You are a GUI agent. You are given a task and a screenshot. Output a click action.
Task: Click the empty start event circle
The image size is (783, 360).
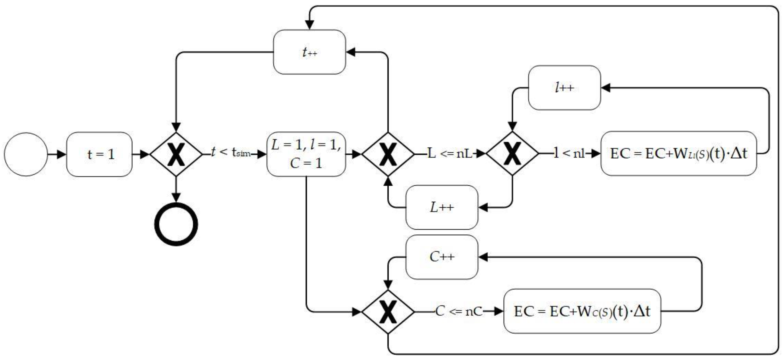(x=26, y=154)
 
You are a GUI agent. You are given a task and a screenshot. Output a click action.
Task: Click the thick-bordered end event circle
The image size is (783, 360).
(x=176, y=224)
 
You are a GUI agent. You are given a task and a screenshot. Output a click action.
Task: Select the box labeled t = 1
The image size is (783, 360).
(x=99, y=154)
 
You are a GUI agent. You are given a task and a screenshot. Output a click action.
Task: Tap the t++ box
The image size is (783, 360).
(x=309, y=52)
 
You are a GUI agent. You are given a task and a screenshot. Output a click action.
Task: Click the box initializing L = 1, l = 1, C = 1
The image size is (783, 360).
(x=306, y=154)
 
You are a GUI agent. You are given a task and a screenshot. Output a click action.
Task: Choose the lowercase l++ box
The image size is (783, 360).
(x=564, y=88)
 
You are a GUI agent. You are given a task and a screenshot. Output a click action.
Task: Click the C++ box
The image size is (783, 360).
(x=442, y=257)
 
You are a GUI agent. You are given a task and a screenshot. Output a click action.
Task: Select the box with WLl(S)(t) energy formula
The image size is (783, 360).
(x=679, y=154)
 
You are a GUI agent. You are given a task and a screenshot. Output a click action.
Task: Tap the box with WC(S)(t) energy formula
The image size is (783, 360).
(x=582, y=311)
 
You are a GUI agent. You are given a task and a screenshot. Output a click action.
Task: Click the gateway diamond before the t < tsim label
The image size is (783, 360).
(x=176, y=154)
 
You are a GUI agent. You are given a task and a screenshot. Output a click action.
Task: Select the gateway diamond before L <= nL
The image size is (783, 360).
(x=388, y=154)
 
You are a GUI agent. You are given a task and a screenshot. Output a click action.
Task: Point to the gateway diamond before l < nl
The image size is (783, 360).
(x=512, y=154)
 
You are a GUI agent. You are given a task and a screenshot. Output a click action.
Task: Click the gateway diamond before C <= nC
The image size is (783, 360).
(x=388, y=312)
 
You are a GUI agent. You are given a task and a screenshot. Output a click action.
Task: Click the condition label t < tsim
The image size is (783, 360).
(x=231, y=152)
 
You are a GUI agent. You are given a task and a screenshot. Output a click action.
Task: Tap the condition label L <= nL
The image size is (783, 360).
(x=450, y=154)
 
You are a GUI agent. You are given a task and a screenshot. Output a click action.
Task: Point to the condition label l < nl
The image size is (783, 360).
(x=569, y=154)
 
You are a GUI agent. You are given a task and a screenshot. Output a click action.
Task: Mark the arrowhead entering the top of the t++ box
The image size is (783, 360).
(x=309, y=25)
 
